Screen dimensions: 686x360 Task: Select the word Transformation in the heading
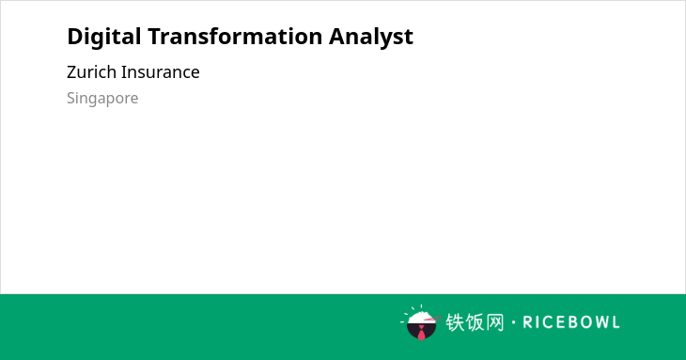coord(235,36)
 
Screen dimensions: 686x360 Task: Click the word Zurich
coord(91,72)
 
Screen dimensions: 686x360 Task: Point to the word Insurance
coord(160,72)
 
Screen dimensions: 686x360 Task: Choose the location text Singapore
coord(102,99)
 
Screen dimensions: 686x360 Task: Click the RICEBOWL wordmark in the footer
coord(571,322)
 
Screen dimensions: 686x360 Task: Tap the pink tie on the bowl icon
coord(421,334)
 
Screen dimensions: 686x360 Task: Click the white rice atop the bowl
coord(420,318)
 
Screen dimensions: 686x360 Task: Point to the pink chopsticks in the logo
coord(432,320)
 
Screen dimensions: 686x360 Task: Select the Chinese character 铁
coord(455,322)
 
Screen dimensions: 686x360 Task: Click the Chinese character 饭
coord(475,322)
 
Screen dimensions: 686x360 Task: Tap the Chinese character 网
coord(494,322)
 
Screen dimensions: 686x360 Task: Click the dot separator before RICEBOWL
coord(513,322)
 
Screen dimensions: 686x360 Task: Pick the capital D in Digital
coord(76,37)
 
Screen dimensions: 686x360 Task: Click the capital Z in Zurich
coord(72,72)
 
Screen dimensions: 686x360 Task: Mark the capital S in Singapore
coord(71,98)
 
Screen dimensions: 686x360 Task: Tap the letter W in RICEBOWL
coord(599,322)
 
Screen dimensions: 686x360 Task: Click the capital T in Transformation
coord(155,37)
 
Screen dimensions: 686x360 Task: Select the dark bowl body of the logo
coord(421,331)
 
